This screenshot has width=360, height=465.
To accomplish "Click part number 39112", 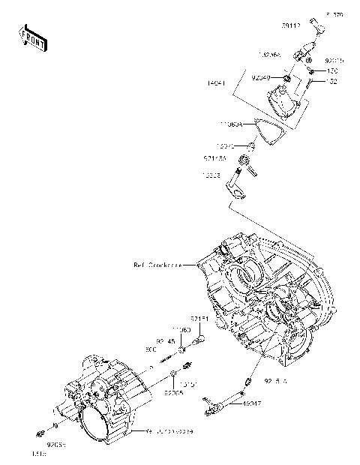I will point(292,25).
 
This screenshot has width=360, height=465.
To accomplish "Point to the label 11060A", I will point(232,125).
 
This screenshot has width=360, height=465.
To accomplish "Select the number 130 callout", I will point(333,71).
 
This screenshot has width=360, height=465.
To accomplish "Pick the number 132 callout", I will point(333,81).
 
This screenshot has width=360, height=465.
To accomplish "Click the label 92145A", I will point(214,158).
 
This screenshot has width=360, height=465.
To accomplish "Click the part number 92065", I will point(173,392).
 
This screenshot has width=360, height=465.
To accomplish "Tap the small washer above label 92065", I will point(173,373).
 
